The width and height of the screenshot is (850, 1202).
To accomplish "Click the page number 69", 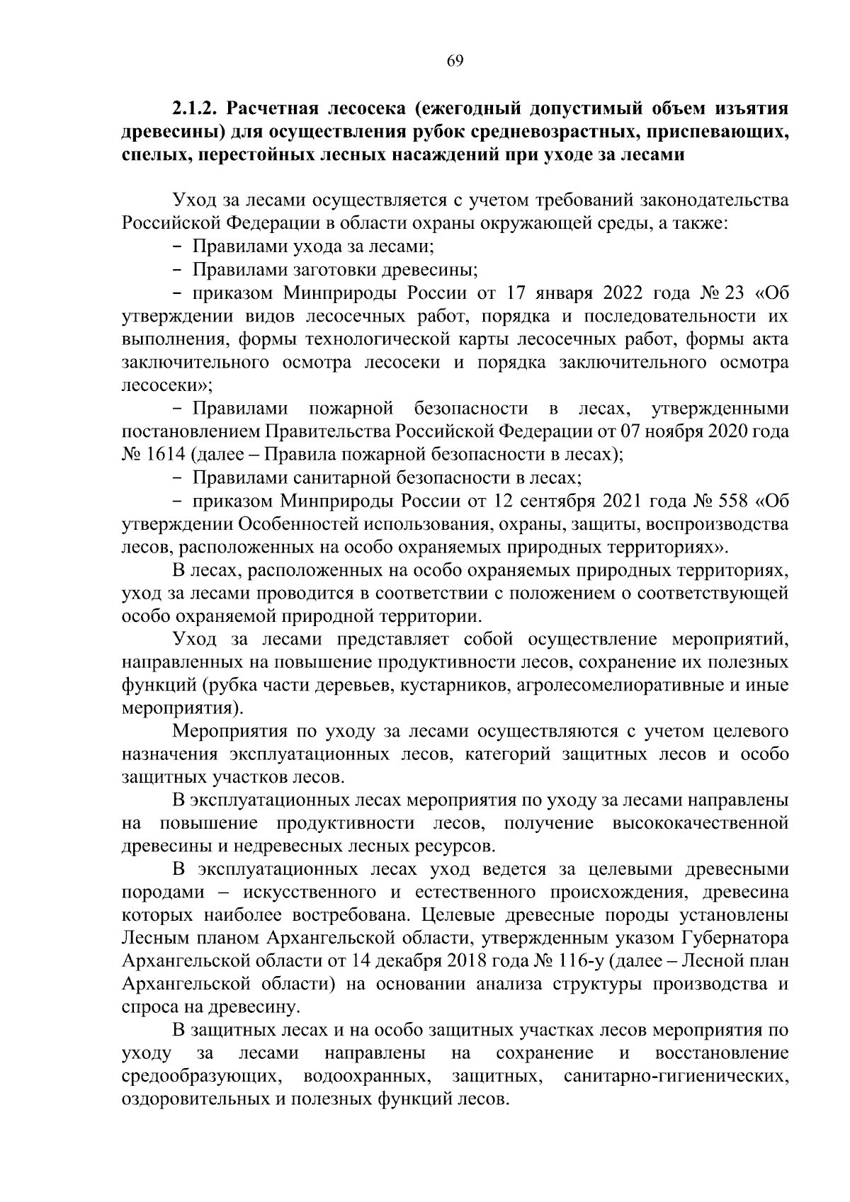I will [x=455, y=61].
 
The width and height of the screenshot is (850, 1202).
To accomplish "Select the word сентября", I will [x=558, y=501].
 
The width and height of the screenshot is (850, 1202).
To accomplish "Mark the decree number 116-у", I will [x=578, y=962].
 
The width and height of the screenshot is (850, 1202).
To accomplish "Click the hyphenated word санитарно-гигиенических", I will [x=675, y=1077].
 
